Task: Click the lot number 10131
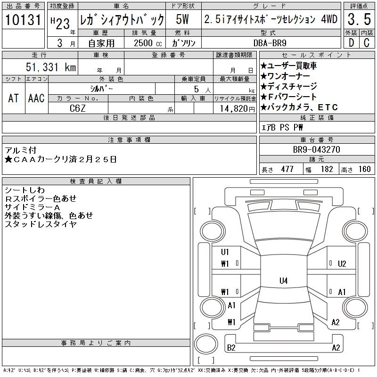point(23,19)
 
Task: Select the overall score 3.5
point(359,19)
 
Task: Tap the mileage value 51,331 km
point(51,67)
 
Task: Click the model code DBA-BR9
point(270,43)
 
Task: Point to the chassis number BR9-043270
point(316,149)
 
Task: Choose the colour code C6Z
point(77,108)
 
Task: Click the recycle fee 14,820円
point(238,109)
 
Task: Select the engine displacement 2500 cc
point(148,43)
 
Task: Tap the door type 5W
point(182,19)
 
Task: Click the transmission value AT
point(14,98)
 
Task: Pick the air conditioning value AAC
point(36,98)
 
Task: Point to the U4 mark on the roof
point(284,280)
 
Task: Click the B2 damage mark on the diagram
point(231,348)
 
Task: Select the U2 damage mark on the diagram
point(342,264)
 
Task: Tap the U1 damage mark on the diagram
point(225,252)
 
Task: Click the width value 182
point(327,169)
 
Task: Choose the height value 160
point(364,169)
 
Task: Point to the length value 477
point(287,169)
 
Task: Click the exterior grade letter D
point(351,43)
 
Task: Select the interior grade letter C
point(367,43)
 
